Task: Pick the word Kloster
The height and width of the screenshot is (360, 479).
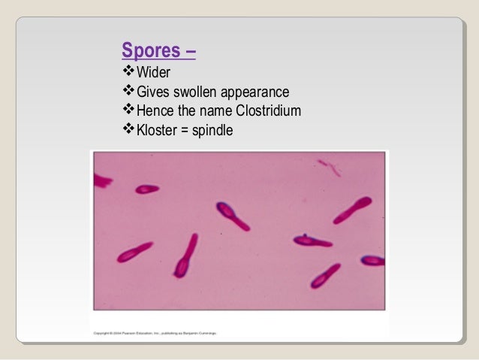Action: [157, 131]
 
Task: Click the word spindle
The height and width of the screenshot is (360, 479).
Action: [213, 131]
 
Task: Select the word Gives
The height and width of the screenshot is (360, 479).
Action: [152, 92]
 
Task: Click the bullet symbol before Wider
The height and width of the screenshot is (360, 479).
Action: [127, 72]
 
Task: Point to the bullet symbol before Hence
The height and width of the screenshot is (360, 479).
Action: [127, 111]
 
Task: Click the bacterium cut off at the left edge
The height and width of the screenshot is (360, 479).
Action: [101, 180]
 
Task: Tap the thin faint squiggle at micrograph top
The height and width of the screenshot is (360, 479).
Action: [328, 166]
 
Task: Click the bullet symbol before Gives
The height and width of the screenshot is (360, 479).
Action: [127, 92]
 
